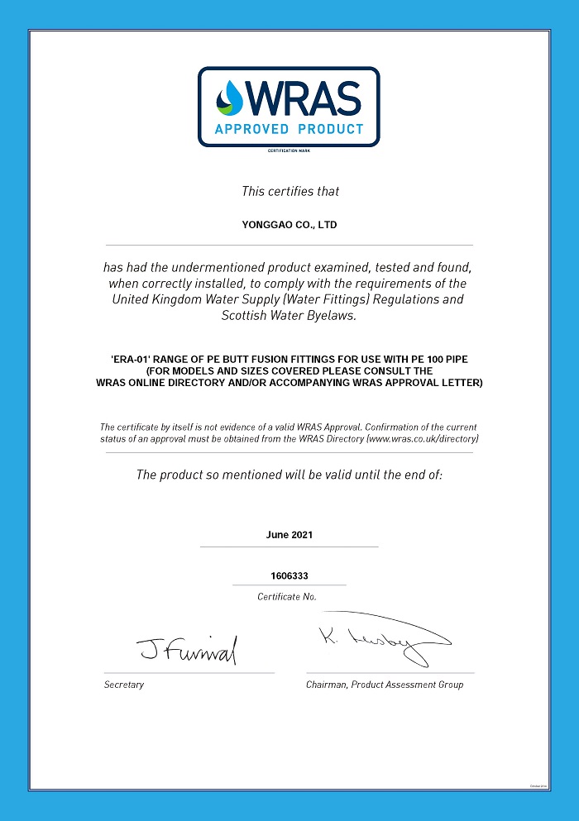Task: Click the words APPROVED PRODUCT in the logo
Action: [x=289, y=129]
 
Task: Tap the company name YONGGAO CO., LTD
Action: [x=289, y=225]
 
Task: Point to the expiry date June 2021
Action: [x=289, y=535]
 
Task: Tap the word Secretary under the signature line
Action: [x=124, y=685]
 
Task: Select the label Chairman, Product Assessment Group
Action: [x=385, y=685]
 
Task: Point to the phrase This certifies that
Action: [x=290, y=192]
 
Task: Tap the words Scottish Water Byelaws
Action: [x=289, y=315]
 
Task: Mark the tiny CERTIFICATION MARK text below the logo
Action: [x=289, y=150]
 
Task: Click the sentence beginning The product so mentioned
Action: [x=289, y=475]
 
